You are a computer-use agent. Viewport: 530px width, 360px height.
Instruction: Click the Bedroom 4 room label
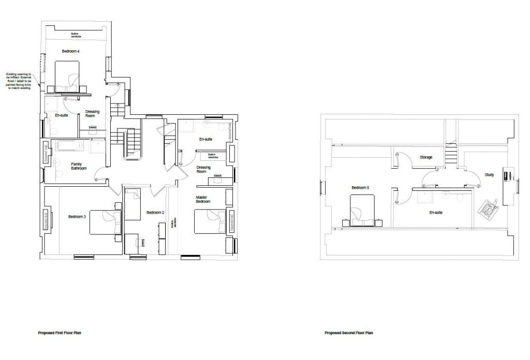tap(71, 51)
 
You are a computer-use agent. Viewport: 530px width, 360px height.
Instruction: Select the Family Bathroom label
tap(79, 166)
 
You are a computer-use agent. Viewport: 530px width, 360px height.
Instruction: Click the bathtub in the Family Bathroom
tap(69, 146)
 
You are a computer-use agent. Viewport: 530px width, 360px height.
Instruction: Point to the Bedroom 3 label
tap(77, 216)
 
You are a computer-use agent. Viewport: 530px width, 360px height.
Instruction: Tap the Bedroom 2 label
tap(155, 213)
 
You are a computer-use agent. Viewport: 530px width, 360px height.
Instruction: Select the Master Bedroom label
tap(203, 199)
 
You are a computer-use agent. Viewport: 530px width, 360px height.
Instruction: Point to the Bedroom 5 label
tap(360, 188)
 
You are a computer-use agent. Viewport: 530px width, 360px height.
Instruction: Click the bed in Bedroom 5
tap(363, 211)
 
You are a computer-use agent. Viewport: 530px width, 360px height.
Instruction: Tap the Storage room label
tap(426, 157)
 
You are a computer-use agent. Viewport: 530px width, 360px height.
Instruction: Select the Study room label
tap(489, 175)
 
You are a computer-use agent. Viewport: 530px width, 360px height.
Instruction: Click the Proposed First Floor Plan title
tap(60, 333)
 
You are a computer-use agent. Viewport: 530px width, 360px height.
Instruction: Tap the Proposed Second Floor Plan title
tap(348, 333)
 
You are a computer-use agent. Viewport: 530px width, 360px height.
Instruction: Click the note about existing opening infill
tap(19, 81)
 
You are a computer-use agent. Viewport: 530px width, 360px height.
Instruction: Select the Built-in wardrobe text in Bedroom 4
tap(76, 36)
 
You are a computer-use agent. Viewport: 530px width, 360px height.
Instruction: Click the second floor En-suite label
tap(435, 212)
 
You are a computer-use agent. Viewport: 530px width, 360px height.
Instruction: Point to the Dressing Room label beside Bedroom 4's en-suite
tap(92, 114)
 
